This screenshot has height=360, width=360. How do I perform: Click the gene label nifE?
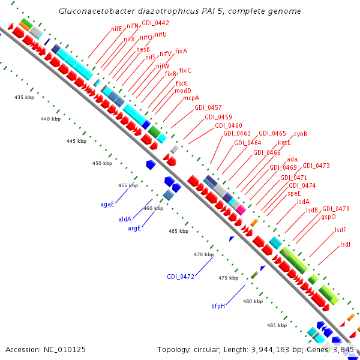coord(116,28)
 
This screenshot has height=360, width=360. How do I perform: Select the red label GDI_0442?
coord(155,23)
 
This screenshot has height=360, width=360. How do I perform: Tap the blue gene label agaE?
coord(107,204)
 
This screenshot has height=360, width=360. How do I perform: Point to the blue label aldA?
coord(125,219)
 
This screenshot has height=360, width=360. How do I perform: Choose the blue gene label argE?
coord(134,228)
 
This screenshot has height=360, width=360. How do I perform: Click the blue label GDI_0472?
coord(181,277)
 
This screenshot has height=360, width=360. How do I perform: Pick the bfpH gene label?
coord(218,306)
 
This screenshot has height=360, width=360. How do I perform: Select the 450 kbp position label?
coord(102,163)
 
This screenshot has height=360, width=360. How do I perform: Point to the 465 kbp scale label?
coord(179,231)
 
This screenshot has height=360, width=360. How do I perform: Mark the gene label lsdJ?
coord(345,244)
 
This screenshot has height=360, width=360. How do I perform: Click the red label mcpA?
coord(191,98)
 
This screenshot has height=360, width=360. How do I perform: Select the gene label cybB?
coord(300,134)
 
